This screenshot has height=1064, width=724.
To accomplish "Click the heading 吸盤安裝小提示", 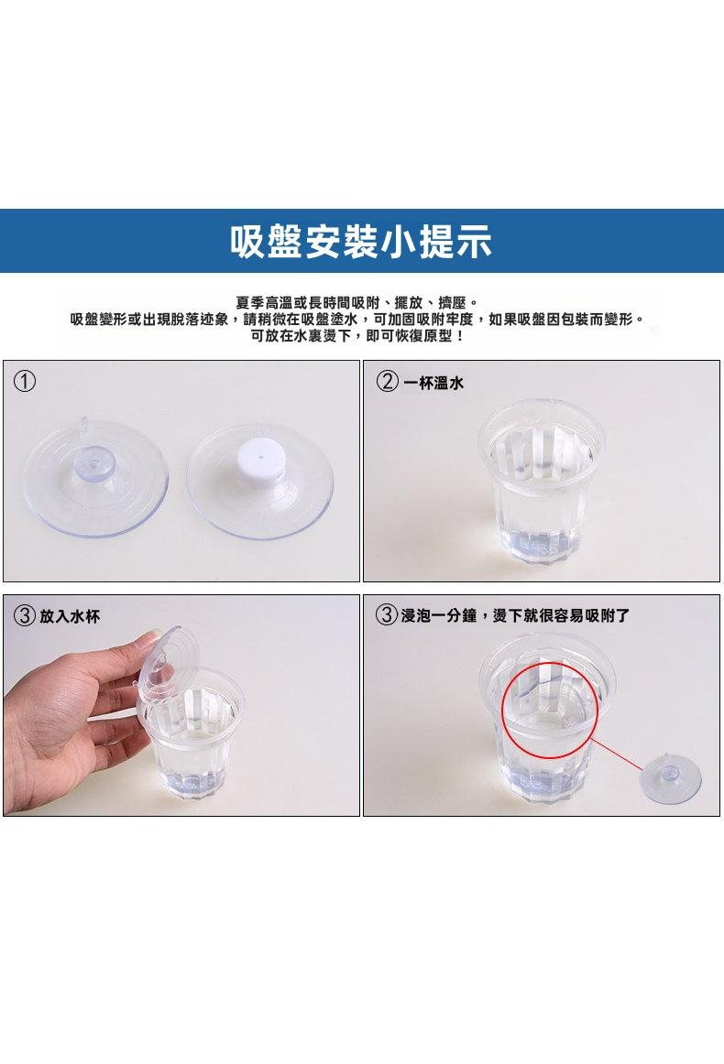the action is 361,241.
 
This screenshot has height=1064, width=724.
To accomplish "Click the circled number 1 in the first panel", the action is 25,381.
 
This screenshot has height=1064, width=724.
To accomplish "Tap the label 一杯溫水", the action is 433,383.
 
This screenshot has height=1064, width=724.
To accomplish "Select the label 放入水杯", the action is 70,616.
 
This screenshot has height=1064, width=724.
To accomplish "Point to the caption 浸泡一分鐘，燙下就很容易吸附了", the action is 515,615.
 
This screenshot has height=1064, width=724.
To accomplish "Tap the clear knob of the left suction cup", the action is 95,462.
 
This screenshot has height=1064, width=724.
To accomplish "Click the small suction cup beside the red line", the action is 673,780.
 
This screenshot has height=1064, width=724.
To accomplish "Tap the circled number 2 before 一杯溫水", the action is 387,382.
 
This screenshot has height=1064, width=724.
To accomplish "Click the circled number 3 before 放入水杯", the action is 25,616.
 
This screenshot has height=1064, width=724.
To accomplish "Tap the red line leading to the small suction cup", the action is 618,754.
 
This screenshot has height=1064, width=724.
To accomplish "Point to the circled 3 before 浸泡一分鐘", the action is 387,615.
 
